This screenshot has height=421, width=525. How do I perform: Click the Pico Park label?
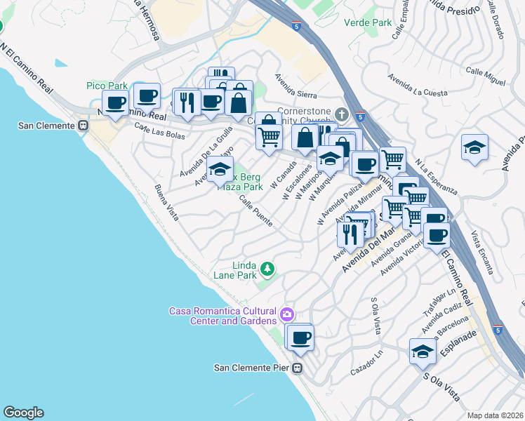(x=107, y=86)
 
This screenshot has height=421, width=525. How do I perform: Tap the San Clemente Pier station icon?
(x=298, y=368)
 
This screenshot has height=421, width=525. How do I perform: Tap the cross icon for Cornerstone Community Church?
(x=342, y=114)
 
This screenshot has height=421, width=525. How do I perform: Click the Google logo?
(x=23, y=413)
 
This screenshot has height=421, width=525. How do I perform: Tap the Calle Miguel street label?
(x=485, y=76)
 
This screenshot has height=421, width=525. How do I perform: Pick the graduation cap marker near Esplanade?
(x=422, y=351)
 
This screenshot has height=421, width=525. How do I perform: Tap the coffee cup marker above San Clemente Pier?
(x=301, y=338)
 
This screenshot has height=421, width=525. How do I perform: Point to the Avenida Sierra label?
(x=295, y=87)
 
